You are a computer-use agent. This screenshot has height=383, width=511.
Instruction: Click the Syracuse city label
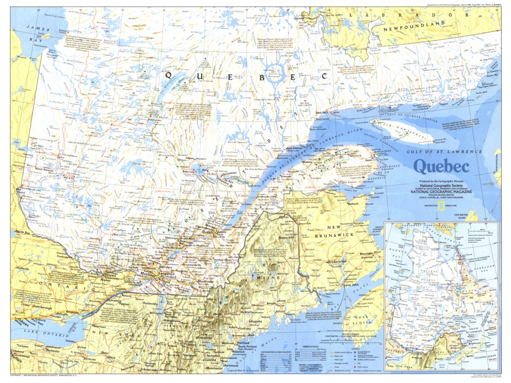click(x=90, y=358)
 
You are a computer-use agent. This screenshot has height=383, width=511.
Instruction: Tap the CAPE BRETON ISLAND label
click(x=463, y=216)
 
